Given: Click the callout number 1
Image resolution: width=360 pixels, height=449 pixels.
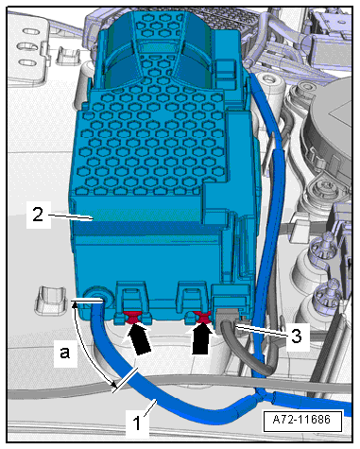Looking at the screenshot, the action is (x=137, y=423).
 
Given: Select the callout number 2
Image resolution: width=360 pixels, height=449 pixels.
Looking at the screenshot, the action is (x=38, y=215).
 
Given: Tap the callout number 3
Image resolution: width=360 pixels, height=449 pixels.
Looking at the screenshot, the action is (x=296, y=336).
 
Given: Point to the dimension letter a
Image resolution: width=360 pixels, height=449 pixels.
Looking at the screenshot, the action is (x=65, y=353).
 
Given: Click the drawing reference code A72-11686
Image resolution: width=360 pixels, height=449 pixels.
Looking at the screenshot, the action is (x=302, y=420).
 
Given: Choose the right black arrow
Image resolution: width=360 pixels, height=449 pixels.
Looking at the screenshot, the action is (x=201, y=338).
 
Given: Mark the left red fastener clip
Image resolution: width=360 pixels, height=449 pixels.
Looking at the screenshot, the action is (x=132, y=317).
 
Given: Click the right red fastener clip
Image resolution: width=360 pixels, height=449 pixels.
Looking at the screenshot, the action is (x=202, y=317).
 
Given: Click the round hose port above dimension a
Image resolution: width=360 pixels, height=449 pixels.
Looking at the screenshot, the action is (x=97, y=297).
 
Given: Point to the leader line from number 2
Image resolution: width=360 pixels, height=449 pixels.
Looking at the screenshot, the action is (x=71, y=216).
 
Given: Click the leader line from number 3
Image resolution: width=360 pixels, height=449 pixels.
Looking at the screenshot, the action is (x=261, y=332).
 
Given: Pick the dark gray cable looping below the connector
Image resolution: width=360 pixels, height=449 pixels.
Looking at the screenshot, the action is (x=249, y=350).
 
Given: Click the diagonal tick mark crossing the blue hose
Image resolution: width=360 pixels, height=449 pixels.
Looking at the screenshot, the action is (x=125, y=380).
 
